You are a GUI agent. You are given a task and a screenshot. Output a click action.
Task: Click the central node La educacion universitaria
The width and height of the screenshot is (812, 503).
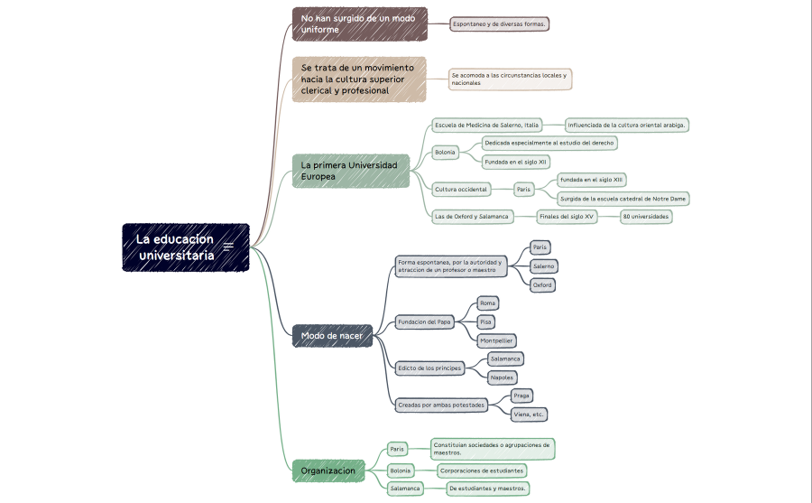click(185, 247)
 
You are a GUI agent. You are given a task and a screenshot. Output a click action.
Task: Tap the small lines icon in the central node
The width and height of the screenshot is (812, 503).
click(228, 247)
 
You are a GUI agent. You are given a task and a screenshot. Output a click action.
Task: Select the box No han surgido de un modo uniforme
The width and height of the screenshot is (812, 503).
click(360, 23)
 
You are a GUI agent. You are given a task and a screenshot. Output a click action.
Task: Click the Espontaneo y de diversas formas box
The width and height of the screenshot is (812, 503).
click(499, 23)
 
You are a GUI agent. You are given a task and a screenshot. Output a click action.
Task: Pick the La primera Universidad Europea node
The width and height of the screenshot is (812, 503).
click(351, 171)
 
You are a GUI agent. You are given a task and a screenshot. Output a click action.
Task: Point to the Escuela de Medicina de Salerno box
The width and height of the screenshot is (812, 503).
click(487, 125)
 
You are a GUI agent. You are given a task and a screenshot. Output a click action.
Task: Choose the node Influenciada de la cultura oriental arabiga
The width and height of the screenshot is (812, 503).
click(627, 125)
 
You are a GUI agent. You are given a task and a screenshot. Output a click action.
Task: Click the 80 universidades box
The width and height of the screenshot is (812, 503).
click(646, 216)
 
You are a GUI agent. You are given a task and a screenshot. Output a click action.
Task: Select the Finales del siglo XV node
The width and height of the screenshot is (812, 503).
click(567, 216)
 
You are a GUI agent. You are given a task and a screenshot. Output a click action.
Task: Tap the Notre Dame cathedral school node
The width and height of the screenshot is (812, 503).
click(623, 199)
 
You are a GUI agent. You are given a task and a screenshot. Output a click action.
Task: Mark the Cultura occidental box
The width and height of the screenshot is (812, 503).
click(461, 190)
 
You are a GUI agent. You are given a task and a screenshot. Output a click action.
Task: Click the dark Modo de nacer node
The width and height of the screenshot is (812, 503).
click(332, 336)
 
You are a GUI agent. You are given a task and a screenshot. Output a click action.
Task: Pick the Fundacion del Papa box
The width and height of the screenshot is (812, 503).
click(424, 322)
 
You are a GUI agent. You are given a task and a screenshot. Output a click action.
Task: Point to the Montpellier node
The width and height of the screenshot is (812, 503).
click(496, 340)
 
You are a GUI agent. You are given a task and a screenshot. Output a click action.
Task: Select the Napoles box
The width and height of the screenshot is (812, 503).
click(502, 377)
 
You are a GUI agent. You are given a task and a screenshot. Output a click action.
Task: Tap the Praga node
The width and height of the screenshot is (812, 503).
click(521, 396)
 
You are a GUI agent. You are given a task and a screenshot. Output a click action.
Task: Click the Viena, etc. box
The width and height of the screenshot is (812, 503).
click(529, 415)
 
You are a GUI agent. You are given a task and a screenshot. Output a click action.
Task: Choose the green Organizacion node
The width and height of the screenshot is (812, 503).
click(328, 470)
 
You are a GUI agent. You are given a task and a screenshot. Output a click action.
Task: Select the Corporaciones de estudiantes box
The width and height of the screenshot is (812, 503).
click(482, 470)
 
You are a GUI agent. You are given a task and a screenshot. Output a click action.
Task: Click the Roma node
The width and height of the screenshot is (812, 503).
click(487, 303)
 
